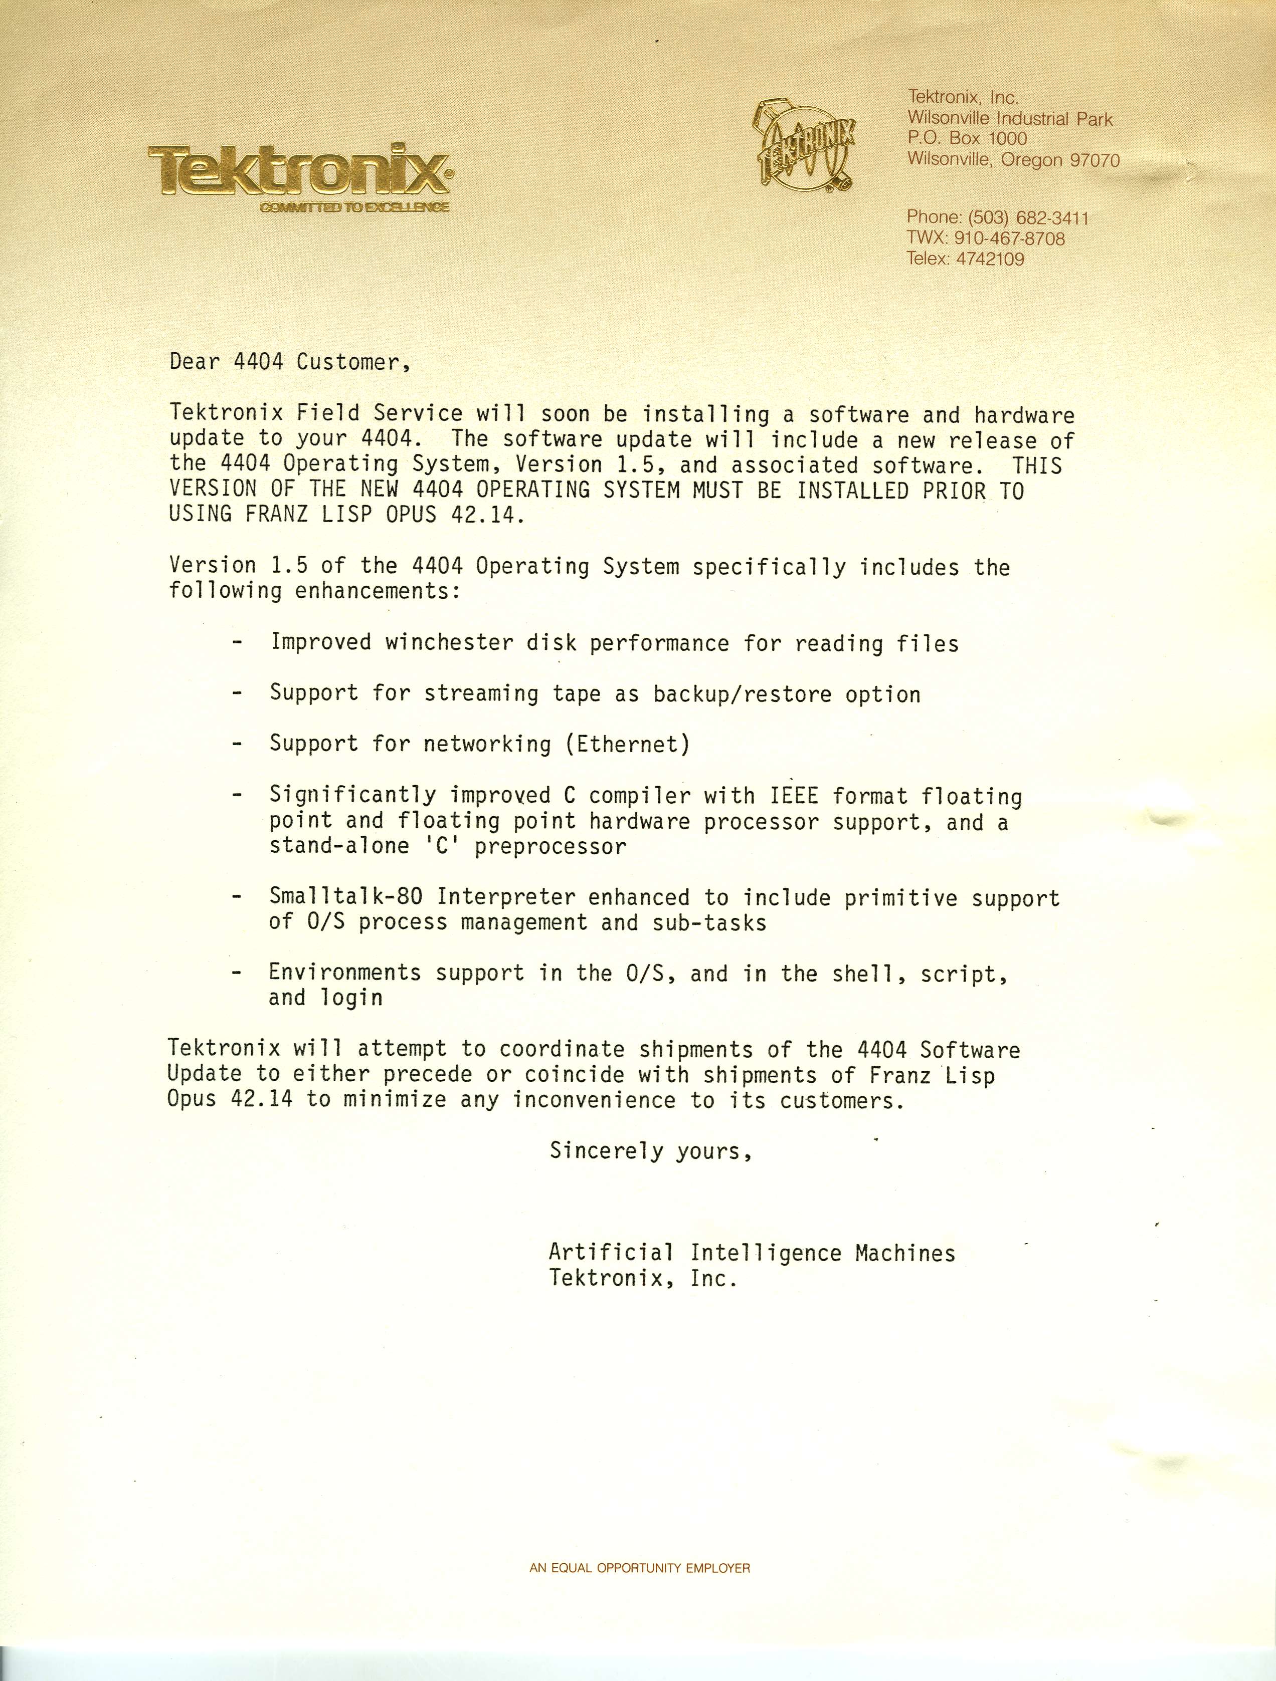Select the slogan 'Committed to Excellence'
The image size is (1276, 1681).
354,207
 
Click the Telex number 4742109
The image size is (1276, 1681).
989,259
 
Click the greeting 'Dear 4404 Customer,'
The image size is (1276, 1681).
290,362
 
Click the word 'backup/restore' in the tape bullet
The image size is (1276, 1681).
742,694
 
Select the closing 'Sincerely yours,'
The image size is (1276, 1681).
651,1151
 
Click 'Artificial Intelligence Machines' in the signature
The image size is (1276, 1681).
751,1253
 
